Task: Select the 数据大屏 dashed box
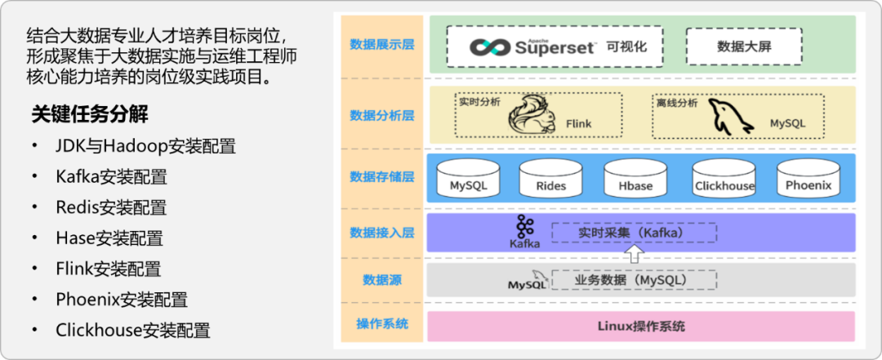(743, 47)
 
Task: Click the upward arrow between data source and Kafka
(634, 253)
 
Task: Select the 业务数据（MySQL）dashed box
(635, 280)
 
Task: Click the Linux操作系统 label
(641, 327)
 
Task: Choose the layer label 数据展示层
(381, 44)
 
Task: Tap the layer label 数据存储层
(381, 176)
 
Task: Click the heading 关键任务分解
(90, 113)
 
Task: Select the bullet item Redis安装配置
(111, 207)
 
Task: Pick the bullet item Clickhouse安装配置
(133, 331)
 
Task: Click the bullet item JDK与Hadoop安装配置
(145, 147)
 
